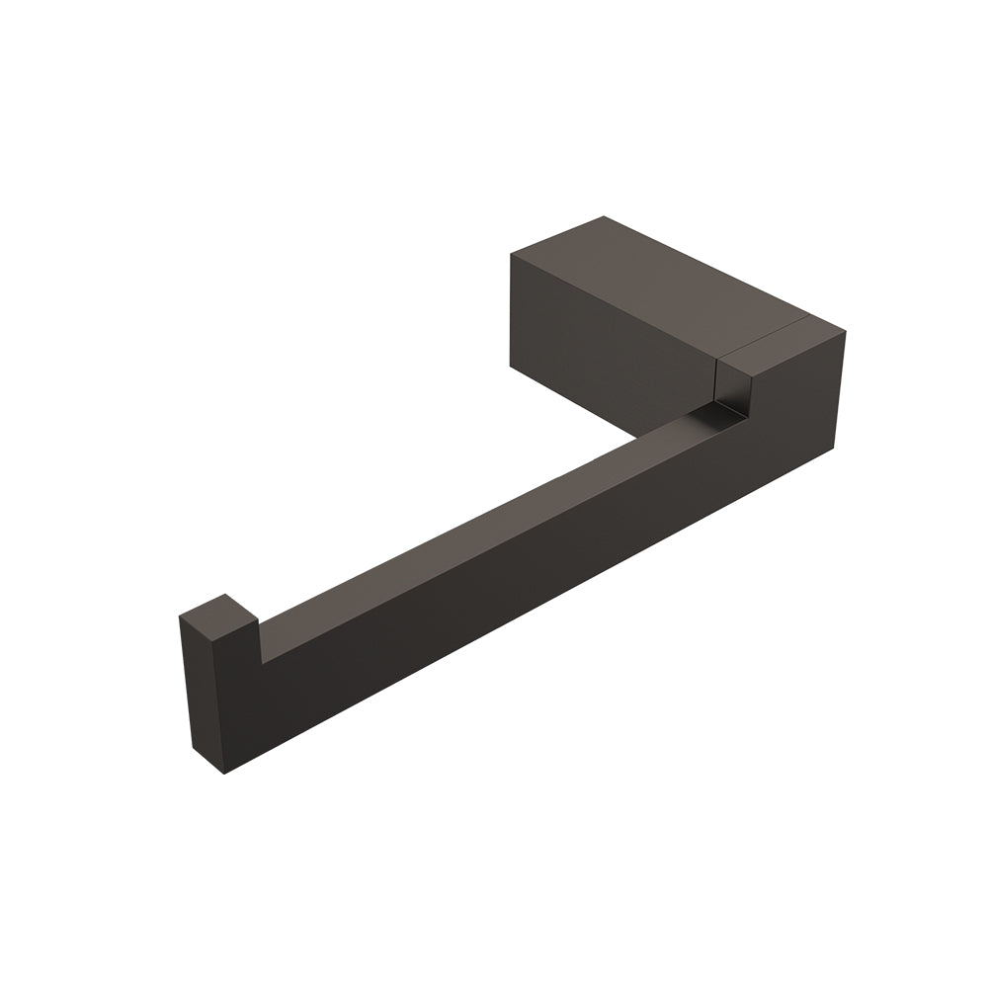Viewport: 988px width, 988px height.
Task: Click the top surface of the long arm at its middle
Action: [474, 524]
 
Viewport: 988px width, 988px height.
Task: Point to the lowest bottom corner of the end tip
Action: [225, 774]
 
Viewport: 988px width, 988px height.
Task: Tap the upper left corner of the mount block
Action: [511, 254]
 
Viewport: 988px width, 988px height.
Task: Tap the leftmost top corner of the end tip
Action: [180, 617]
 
